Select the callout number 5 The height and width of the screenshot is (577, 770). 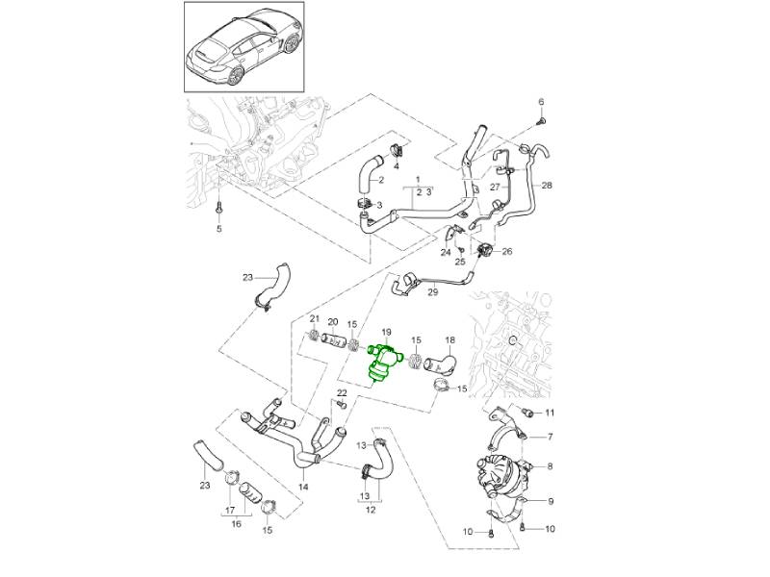pos(218,229)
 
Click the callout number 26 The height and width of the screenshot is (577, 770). pos(507,252)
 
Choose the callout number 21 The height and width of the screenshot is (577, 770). pos(314,319)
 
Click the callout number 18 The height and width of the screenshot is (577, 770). pos(449,341)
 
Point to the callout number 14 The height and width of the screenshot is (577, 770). pos(304,487)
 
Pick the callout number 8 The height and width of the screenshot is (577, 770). pos(551,467)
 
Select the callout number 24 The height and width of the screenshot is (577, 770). pos(446,253)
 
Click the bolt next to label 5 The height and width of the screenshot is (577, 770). pos(218,207)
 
